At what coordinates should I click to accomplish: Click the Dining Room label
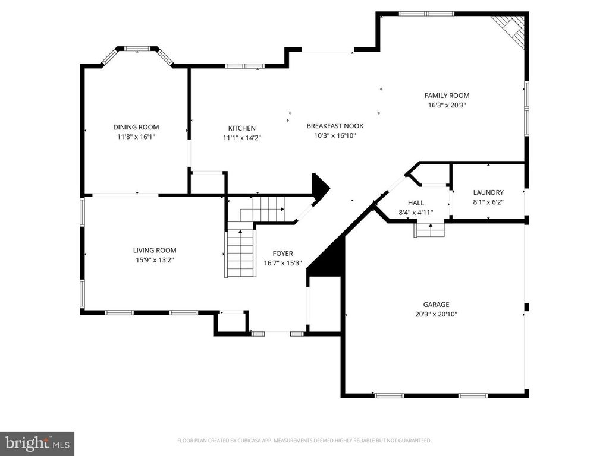click(136, 127)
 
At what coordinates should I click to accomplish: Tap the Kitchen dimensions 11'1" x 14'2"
click(241, 138)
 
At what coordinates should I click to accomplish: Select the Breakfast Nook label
click(335, 126)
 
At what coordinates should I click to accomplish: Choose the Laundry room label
click(488, 192)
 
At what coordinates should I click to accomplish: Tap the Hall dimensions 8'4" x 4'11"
click(416, 213)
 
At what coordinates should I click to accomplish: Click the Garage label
click(436, 305)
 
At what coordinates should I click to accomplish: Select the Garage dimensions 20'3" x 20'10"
click(436, 315)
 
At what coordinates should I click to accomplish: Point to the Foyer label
click(282, 254)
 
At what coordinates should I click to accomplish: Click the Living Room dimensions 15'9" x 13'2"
click(154, 260)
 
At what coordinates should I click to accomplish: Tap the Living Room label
click(154, 251)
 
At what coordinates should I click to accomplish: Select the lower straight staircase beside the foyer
click(241, 252)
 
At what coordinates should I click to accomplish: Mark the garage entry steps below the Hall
click(429, 229)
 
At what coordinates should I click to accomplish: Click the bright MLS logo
click(37, 443)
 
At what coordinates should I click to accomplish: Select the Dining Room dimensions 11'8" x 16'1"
click(136, 137)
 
